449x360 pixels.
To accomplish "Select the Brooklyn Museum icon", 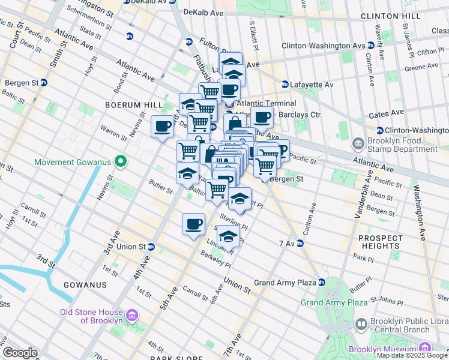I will [424, 349].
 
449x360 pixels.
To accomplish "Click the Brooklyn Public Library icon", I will [361, 325].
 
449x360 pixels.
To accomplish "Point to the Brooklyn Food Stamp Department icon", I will [358, 143].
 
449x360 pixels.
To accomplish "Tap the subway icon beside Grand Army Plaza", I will [322, 282].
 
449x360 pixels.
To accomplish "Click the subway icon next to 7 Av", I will [300, 243].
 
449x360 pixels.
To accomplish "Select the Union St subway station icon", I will [151, 246].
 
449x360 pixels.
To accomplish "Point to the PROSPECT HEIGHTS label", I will [381, 242].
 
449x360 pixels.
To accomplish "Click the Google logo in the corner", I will [19, 353].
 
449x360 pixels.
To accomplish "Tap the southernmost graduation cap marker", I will [228, 236].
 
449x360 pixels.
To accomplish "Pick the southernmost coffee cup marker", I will [193, 224].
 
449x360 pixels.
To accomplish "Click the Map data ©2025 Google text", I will [412, 355].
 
